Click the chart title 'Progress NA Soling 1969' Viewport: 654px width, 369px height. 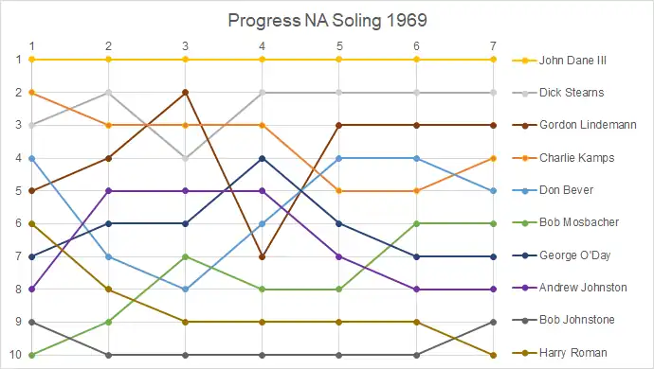pos(327,21)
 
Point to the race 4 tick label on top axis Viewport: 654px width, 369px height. pos(262,45)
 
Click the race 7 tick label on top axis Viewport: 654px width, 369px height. pos(494,45)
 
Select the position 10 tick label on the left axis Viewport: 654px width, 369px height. pos(15,355)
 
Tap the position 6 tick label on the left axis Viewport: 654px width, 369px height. pos(18,223)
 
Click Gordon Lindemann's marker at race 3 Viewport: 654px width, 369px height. pos(185,92)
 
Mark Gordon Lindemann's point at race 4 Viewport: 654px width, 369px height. pos(262,257)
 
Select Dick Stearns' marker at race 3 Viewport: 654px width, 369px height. pos(185,158)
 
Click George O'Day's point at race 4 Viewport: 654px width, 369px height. pos(262,158)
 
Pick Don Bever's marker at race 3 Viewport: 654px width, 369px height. pos(185,290)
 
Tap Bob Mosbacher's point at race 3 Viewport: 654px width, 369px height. pos(185,256)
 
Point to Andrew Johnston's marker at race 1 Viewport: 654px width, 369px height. pos(31,289)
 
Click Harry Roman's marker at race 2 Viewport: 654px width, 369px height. pos(108,289)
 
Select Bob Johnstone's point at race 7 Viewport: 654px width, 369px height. pos(494,322)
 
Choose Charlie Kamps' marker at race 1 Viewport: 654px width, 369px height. pos(31,92)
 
